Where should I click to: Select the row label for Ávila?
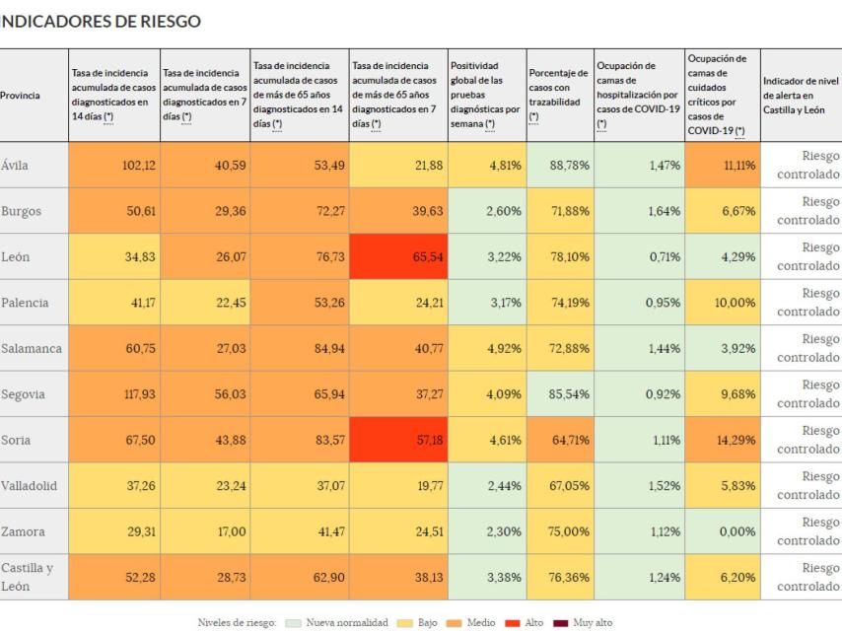17,165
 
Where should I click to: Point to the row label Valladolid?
33,485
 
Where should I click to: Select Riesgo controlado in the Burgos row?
801,210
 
